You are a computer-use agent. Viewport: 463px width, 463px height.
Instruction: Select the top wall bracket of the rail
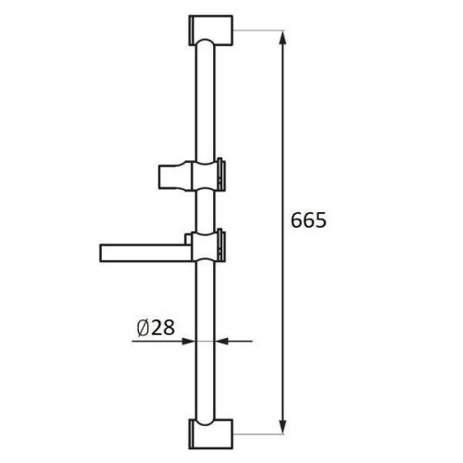click(x=211, y=31)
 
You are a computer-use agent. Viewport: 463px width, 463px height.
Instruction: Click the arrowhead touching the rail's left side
click(x=191, y=341)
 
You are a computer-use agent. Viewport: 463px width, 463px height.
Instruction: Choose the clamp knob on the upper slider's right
click(x=222, y=171)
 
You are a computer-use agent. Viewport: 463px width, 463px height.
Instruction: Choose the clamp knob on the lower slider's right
click(x=222, y=244)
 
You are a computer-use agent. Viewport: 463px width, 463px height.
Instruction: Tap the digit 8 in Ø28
click(x=170, y=327)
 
